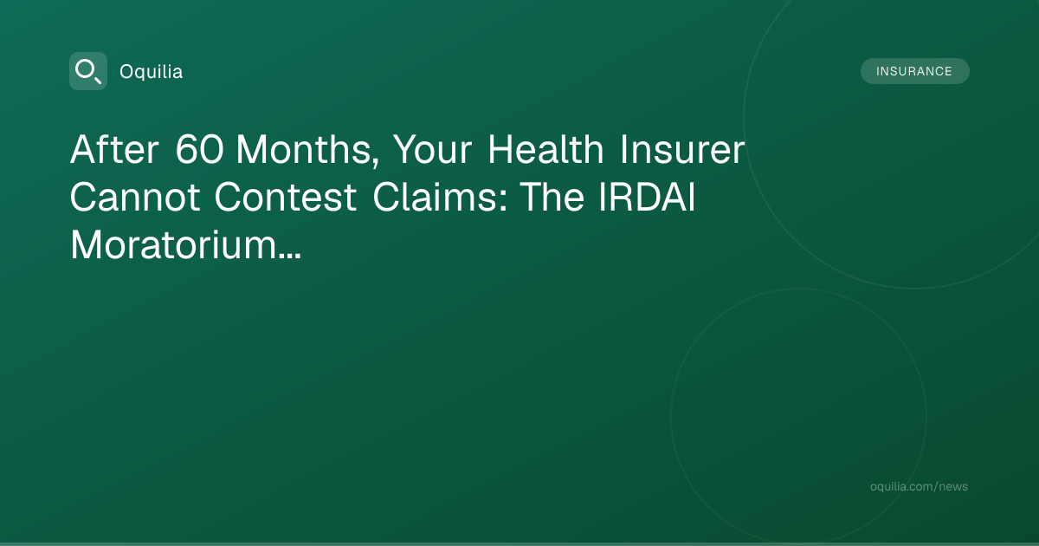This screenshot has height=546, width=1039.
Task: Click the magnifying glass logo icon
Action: click(x=88, y=71)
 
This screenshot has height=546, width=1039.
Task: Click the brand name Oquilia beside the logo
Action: click(x=152, y=72)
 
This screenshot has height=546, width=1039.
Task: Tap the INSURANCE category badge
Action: click(x=914, y=71)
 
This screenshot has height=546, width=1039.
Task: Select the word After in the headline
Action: click(x=114, y=149)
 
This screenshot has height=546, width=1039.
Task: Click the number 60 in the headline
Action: click(x=199, y=149)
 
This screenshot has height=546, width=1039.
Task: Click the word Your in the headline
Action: click(x=433, y=149)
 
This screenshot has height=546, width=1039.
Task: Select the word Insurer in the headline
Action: click(x=682, y=149)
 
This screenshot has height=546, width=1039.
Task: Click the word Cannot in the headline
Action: click(x=135, y=198)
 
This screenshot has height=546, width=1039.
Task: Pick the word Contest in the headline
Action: click(x=285, y=198)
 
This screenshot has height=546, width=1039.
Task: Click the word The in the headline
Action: click(x=551, y=197)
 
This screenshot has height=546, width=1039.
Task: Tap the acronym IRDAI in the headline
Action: click(x=647, y=198)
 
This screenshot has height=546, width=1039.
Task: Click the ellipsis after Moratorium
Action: click(x=290, y=256)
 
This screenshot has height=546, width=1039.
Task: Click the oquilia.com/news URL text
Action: click(x=919, y=486)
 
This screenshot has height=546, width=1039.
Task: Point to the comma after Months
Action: click(x=375, y=162)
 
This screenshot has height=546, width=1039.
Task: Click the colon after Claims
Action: click(x=503, y=200)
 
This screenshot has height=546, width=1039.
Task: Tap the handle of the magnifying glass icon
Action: click(x=98, y=80)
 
